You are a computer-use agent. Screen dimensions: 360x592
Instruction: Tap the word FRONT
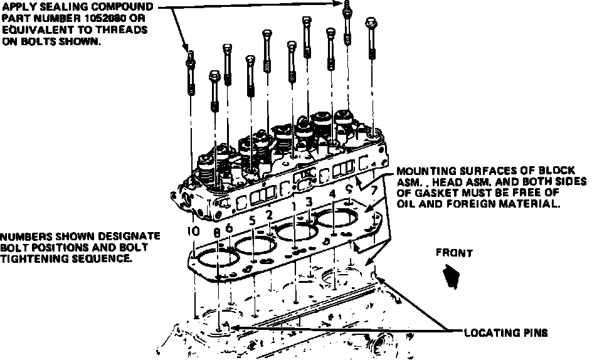click(455, 253)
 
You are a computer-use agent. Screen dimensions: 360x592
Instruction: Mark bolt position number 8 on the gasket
click(217, 233)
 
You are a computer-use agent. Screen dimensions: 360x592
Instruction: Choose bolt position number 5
click(251, 221)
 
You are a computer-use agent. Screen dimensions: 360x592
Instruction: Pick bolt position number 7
click(374, 189)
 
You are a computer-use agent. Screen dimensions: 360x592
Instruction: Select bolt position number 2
click(268, 215)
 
